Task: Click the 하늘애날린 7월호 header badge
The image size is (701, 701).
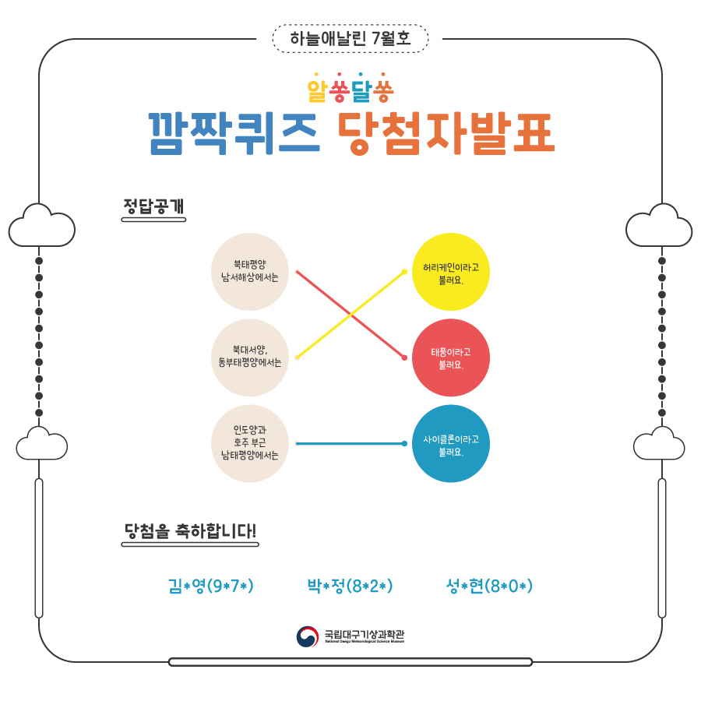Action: [350, 38]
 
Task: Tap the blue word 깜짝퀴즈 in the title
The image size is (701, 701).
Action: [234, 132]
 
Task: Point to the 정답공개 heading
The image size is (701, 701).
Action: [153, 207]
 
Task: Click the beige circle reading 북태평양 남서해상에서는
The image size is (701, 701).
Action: [250, 271]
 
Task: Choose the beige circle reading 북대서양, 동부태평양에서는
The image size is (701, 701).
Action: [250, 357]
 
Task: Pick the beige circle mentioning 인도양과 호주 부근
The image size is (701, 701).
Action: [250, 443]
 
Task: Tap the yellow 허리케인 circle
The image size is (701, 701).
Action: [450, 271]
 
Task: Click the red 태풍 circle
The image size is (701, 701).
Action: [450, 358]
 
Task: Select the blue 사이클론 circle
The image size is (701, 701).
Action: [450, 443]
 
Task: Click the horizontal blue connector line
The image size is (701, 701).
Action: [350, 443]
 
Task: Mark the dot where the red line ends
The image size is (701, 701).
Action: [404, 358]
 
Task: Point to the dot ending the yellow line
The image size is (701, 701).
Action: [404, 271]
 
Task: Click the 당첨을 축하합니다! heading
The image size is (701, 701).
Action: [190, 532]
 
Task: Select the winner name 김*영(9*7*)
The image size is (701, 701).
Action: [211, 586]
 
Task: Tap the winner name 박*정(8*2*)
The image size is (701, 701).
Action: [350, 586]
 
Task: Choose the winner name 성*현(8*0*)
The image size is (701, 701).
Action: [489, 586]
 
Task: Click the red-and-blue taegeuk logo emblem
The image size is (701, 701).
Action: [307, 636]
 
